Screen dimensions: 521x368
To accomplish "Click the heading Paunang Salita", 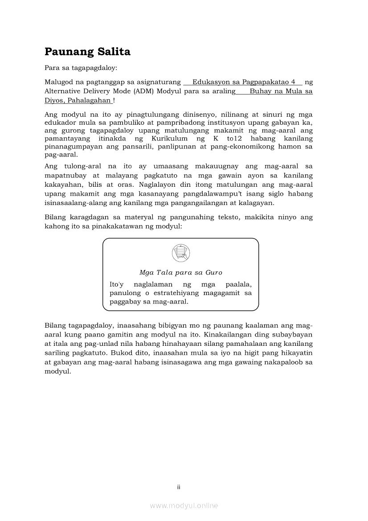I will click(x=87, y=52).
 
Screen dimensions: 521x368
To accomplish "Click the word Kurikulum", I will click(x=167, y=139).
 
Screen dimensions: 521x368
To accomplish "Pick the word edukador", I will click(x=60, y=123).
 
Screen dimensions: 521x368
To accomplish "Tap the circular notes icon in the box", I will click(x=180, y=253).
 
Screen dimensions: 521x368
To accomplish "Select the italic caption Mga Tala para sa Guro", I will click(x=180, y=272).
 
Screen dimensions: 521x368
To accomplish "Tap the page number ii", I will click(x=179, y=487).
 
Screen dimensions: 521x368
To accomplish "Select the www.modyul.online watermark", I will click(x=184, y=506).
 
